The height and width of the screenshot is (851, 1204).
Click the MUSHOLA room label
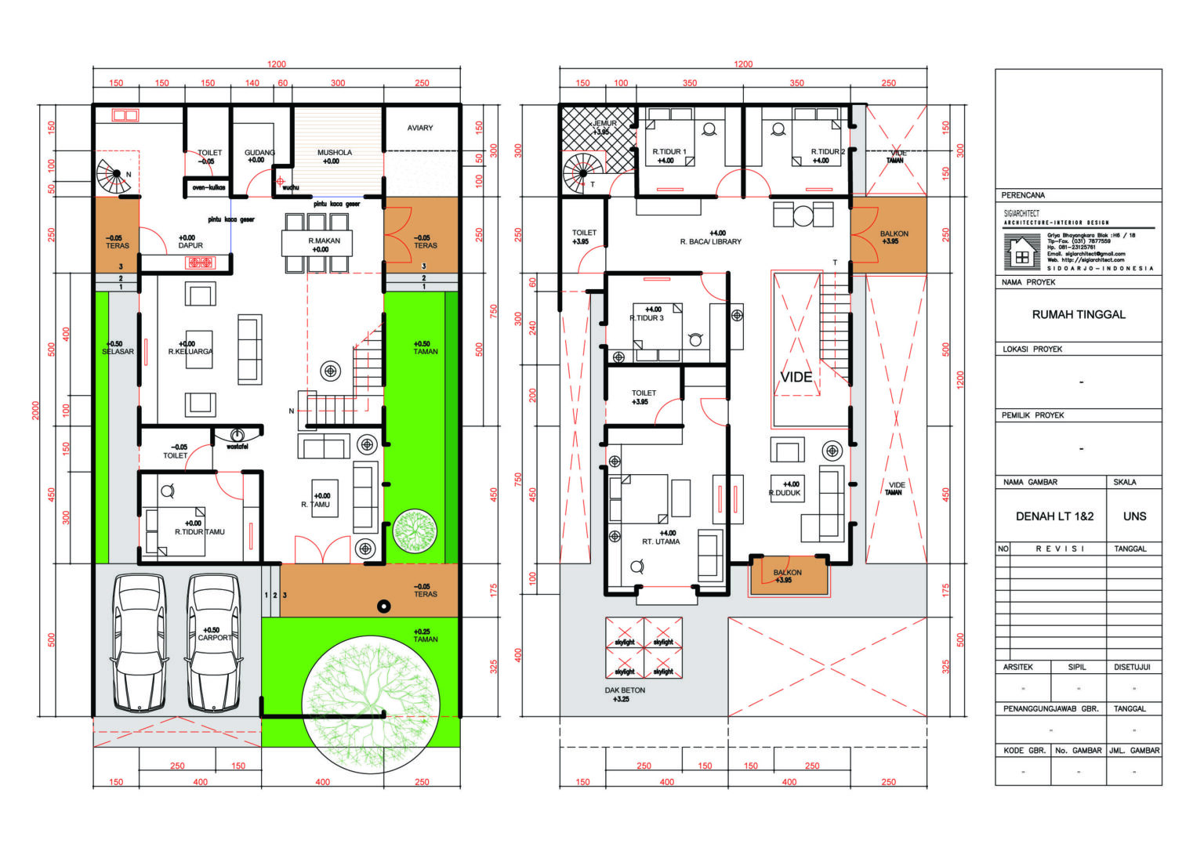point(334,153)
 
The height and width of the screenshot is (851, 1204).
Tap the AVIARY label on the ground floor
point(420,128)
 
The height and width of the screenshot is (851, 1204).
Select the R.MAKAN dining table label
point(324,241)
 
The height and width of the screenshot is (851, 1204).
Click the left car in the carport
point(139,643)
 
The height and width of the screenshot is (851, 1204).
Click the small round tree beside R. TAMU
point(414,531)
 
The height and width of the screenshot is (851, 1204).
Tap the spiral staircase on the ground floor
point(113,176)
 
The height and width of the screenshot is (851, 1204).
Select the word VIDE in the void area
point(796,377)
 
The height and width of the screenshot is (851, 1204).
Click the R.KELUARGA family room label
point(190,352)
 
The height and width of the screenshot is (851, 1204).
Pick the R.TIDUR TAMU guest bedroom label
point(199,531)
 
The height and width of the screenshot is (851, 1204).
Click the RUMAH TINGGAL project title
point(1078,314)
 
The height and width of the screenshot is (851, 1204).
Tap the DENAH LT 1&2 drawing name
point(1053,516)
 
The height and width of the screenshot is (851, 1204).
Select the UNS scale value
point(1134,516)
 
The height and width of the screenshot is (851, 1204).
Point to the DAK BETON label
point(625,690)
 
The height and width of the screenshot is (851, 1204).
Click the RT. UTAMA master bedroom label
point(661,541)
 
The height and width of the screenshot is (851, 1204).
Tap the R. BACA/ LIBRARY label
point(710,241)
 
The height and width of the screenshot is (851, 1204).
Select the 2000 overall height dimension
point(35,410)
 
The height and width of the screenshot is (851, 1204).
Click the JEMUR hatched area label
point(604,123)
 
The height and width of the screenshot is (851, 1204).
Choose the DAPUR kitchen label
point(190,245)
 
